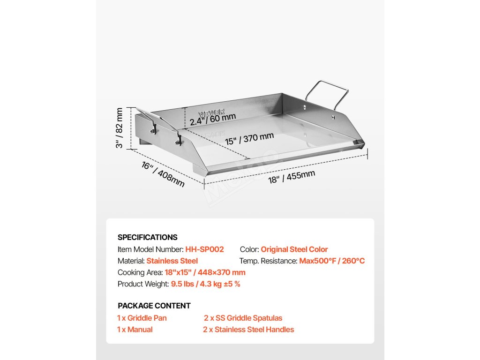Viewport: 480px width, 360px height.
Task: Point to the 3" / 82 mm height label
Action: click(x=120, y=128)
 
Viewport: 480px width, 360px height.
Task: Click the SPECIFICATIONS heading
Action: click(x=147, y=237)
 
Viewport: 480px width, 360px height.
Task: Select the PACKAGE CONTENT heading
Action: click(x=154, y=306)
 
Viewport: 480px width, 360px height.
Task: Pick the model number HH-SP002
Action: click(x=204, y=249)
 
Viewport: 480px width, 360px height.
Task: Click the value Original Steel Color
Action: click(x=294, y=249)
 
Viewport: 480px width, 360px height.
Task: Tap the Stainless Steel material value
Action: click(x=172, y=261)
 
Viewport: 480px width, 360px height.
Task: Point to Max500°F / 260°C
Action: click(x=332, y=261)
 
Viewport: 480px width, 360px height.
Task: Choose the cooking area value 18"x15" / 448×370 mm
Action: click(x=205, y=272)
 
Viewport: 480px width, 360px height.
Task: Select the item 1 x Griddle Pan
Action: click(x=142, y=318)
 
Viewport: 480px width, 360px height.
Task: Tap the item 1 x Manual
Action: click(x=135, y=330)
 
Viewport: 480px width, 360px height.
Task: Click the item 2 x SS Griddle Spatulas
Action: click(x=243, y=318)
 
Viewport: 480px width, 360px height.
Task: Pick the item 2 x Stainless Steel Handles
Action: click(x=248, y=330)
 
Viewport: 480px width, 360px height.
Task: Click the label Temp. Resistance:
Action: click(x=268, y=261)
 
